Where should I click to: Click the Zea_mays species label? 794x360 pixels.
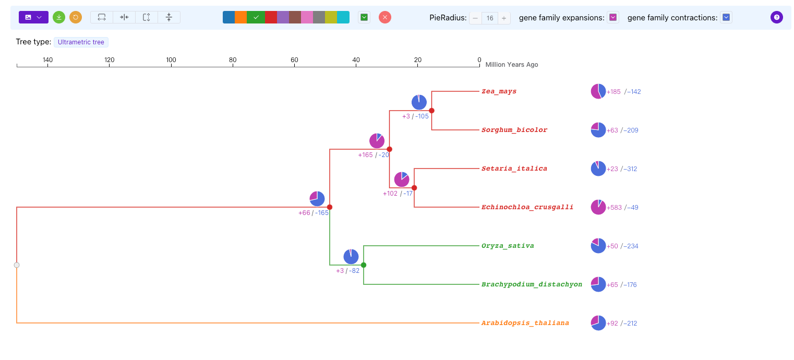[x=499, y=91]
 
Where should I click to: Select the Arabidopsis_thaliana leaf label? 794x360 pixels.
[x=525, y=323]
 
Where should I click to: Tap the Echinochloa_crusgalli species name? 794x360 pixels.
[x=527, y=207]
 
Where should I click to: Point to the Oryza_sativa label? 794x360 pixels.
[x=508, y=246]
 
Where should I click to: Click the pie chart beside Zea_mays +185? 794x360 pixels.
[x=598, y=91]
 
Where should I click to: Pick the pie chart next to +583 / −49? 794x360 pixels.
[x=598, y=207]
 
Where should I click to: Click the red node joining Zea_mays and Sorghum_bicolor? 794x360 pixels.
[x=431, y=111]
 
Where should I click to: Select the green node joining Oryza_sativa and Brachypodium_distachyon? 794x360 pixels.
[x=364, y=265]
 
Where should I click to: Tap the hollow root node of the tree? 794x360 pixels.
[x=17, y=265]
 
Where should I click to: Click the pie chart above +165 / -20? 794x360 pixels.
[x=377, y=140]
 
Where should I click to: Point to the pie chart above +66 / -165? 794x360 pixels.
[x=317, y=198]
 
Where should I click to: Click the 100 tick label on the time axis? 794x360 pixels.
[x=171, y=60]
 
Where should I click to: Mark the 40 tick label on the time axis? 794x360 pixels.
[x=356, y=60]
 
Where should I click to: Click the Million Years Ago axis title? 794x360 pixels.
[x=511, y=65]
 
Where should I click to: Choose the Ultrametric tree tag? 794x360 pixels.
[x=81, y=42]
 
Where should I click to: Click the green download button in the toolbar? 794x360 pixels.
[x=59, y=17]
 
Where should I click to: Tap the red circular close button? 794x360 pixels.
[x=385, y=17]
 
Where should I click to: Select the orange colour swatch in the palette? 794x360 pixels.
[x=240, y=17]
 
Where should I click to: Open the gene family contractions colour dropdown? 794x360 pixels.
[x=726, y=17]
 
